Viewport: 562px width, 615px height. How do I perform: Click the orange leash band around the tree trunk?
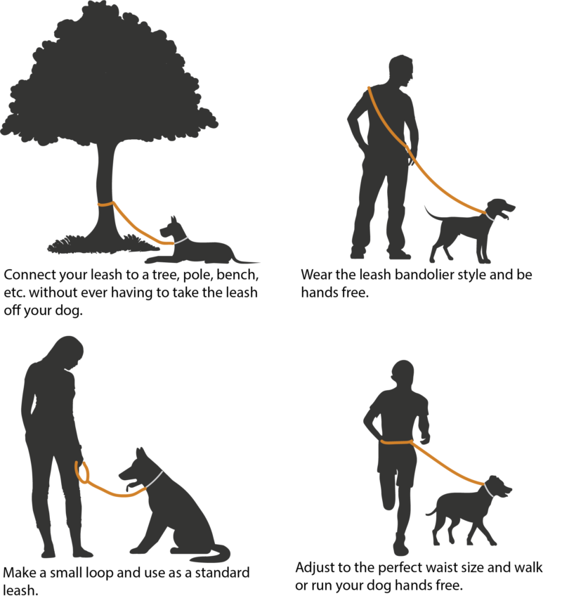pyautogui.click(x=106, y=204)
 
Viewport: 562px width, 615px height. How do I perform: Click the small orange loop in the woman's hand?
pyautogui.click(x=82, y=472)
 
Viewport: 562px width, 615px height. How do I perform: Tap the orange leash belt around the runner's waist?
pyautogui.click(x=396, y=442)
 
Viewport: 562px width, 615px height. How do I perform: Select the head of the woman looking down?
pyautogui.click(x=67, y=353)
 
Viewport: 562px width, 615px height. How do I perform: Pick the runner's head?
pyautogui.click(x=403, y=375)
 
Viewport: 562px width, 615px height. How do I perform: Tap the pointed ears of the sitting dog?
pyautogui.click(x=140, y=453)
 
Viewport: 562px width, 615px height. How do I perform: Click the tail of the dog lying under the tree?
pyautogui.click(x=245, y=260)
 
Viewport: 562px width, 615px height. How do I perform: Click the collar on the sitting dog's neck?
pyautogui.click(x=155, y=479)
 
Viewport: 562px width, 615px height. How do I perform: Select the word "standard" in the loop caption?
pyautogui.click(x=222, y=573)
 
